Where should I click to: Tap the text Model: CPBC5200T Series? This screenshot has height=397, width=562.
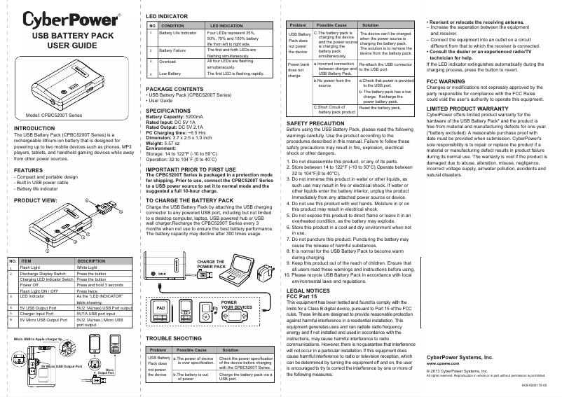point(54,114)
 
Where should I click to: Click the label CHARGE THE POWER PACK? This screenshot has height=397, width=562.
point(212,265)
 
